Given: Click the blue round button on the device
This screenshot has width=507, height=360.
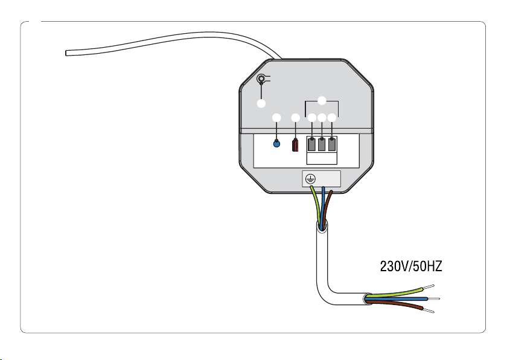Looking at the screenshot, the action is click(x=276, y=143).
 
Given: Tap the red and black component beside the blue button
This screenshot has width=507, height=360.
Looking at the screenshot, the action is click(x=295, y=145).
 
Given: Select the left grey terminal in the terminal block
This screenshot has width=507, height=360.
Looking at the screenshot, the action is click(x=311, y=144).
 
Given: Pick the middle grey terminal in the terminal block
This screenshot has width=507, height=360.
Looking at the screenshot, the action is click(x=321, y=144).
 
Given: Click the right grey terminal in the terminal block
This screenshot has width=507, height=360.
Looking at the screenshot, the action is click(x=332, y=144).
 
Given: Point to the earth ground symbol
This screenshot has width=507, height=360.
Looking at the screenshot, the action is click(x=310, y=179).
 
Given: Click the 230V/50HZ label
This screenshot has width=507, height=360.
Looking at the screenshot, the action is click(x=410, y=266).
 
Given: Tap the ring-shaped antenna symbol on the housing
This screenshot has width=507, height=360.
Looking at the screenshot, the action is click(x=261, y=79).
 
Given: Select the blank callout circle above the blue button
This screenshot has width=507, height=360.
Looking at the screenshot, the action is click(x=276, y=118).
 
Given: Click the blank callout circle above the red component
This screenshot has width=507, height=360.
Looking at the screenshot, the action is click(x=296, y=118).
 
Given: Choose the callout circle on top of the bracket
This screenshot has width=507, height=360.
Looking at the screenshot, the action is click(x=322, y=101).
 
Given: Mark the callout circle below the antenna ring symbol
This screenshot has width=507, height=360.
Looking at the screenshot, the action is click(x=261, y=103).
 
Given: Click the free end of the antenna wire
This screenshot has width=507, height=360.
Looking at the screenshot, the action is click(x=66, y=53).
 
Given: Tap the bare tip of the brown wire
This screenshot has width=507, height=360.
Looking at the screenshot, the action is click(x=429, y=310).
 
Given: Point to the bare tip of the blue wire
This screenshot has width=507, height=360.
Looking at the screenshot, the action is click(x=433, y=298).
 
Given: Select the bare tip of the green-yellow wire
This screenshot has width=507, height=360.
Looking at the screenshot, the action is click(x=429, y=286).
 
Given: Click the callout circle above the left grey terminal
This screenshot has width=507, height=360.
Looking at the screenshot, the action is click(x=311, y=118).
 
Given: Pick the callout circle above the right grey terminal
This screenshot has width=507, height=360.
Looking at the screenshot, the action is click(x=332, y=118).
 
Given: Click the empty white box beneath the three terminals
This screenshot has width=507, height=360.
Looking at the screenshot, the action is click(x=322, y=158).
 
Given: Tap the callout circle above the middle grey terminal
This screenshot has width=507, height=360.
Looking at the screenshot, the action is click(x=322, y=118).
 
